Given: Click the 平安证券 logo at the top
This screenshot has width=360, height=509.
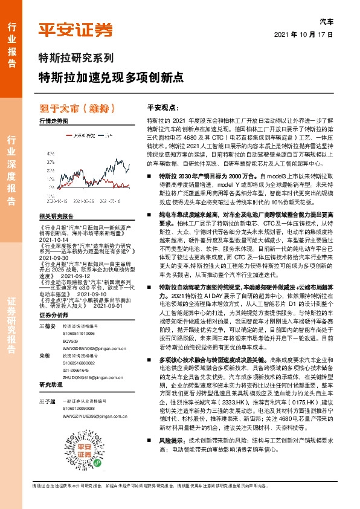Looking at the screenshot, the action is click(76, 30).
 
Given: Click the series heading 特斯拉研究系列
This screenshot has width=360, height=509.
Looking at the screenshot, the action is click(76, 59).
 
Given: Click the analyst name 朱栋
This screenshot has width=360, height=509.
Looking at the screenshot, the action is click(43, 356).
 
